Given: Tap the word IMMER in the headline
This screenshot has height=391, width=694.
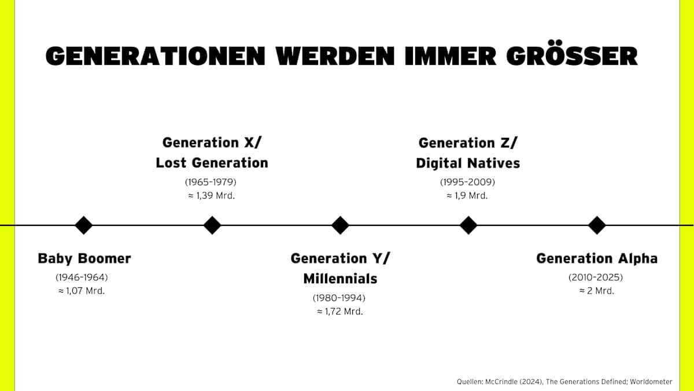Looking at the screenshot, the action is (x=451, y=57).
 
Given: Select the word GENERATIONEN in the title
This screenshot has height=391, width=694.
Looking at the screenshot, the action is (x=155, y=57).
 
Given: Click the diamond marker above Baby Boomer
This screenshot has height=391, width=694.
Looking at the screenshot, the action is (x=84, y=225).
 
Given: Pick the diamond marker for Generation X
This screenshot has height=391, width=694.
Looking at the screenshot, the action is (x=212, y=225).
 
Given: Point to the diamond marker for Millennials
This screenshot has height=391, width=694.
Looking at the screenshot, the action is (x=340, y=225).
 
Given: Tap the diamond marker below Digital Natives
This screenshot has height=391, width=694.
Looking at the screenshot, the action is (x=468, y=225).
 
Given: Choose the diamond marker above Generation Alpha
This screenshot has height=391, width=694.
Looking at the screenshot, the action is (x=597, y=225).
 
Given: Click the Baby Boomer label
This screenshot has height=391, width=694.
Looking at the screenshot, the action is (x=84, y=258).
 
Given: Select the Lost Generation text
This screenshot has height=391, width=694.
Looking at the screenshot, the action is (x=212, y=163).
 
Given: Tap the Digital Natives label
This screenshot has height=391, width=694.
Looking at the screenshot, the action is (x=468, y=163).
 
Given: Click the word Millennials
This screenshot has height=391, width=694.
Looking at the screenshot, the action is (x=340, y=279).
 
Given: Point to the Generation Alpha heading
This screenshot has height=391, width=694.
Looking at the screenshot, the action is (x=597, y=258).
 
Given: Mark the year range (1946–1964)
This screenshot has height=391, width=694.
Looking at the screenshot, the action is (x=82, y=277).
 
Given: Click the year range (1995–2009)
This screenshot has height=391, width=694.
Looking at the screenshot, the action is (x=467, y=182).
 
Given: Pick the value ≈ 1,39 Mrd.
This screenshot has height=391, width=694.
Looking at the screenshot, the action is (x=212, y=196).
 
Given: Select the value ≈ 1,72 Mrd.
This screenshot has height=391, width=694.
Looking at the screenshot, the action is (x=340, y=311).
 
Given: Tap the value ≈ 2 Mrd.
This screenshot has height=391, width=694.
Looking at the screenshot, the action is (x=597, y=291).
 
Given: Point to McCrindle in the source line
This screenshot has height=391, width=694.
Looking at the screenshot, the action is (x=501, y=381).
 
